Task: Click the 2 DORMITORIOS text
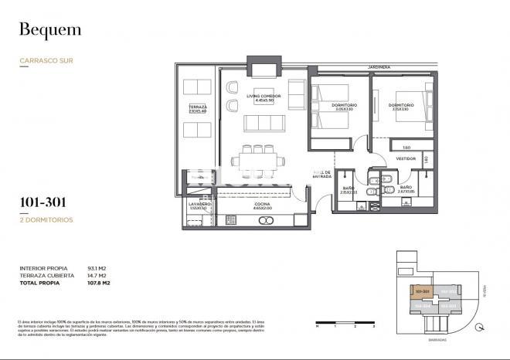point(46,220)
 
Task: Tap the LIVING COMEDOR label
point(263,97)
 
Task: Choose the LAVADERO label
point(199,205)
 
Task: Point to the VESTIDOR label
point(406,158)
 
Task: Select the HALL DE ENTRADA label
point(321,175)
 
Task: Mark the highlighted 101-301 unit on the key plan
point(423,292)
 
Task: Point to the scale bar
point(345,323)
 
